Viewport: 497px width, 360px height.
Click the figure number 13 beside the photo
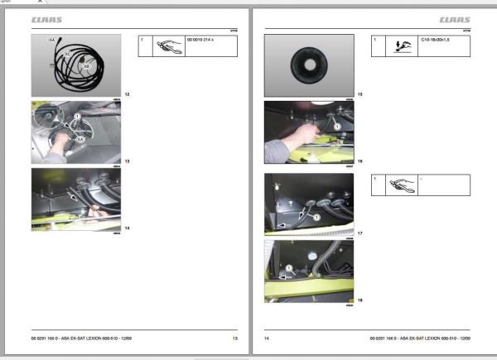click(126, 161)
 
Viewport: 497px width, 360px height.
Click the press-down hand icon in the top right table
click(404, 45)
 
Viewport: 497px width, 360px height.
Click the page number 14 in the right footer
click(268, 338)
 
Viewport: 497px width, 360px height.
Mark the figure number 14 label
click(126, 227)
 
